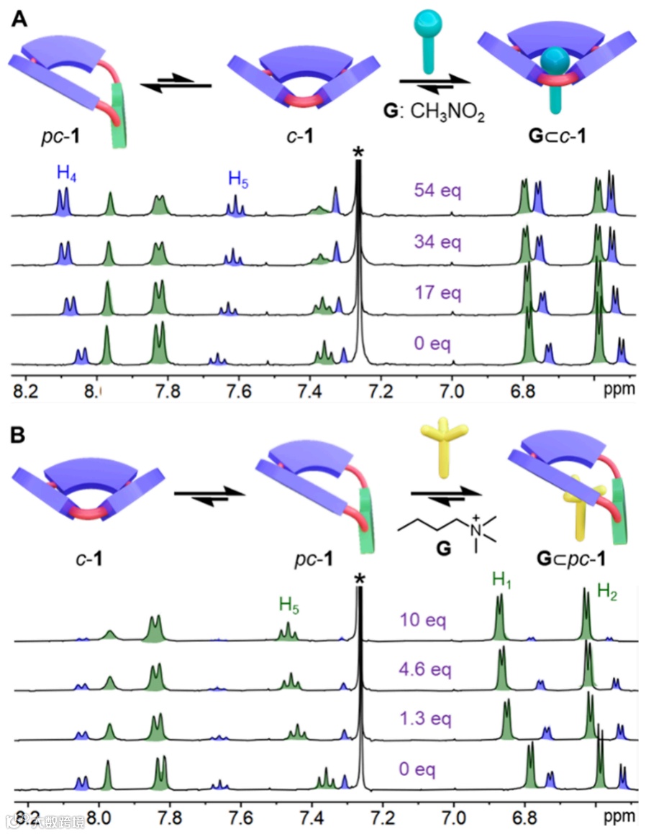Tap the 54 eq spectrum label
(x=437, y=191)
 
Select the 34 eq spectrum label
(x=437, y=242)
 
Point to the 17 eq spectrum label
(x=437, y=293)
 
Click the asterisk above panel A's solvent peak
(x=358, y=152)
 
